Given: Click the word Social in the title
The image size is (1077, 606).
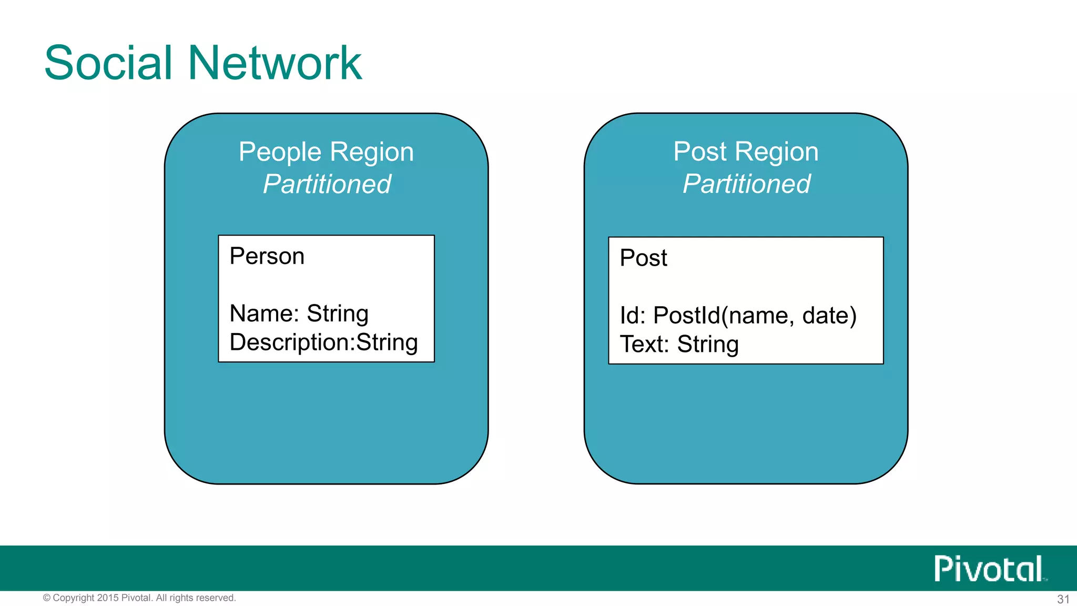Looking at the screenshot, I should pos(108,63).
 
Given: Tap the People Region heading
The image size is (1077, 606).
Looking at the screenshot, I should pos(326,152).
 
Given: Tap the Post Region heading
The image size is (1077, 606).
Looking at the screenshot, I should pos(746,152).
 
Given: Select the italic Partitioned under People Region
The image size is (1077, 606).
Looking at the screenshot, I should pos(327,184).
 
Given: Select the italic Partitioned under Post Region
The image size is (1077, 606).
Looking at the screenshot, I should pos(746,184).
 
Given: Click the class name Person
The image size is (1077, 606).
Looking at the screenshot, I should pos(267,257).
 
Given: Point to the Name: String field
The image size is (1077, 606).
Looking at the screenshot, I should pos(299,314).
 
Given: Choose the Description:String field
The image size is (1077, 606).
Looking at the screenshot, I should pos(323,342).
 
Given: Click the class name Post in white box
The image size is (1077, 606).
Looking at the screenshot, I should pos(643,258).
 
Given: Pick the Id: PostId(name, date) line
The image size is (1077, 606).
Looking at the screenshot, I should pos(738,316).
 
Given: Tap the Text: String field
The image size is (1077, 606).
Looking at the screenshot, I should pos(679,345).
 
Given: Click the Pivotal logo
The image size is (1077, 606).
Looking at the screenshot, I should pos(989,569).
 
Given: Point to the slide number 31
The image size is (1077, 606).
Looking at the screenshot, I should pos(1063,599).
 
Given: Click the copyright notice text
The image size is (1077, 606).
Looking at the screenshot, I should pos(139,598).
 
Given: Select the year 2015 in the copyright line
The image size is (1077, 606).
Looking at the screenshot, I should pos(108,598).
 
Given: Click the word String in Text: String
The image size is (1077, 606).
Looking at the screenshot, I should pos(708,345).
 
